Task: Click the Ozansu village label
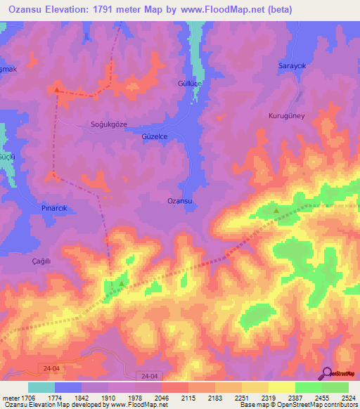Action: click(180, 201)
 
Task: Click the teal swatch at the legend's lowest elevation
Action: click(41, 387)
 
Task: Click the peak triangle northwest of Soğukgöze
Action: click(57, 89)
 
